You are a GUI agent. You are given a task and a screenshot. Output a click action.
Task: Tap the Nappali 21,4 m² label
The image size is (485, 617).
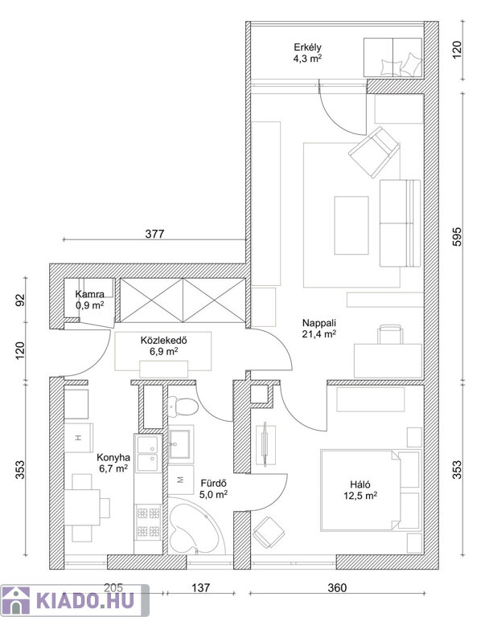pos(319,329)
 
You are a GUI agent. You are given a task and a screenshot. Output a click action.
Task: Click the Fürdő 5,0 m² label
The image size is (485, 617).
pos(213,488)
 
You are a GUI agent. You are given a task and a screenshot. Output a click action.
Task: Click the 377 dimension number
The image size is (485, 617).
pos(154,234)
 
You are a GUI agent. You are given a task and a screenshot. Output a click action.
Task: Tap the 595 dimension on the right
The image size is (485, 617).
pos(457,236)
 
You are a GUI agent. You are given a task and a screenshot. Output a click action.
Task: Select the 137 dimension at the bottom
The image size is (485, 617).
pos(201,588)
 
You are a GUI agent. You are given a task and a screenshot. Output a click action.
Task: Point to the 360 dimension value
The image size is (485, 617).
pos(337,588)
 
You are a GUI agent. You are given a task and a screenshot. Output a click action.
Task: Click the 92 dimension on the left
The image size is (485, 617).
pos(20,300)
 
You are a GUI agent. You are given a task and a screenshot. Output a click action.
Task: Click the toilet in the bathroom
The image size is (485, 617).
pos(183,407)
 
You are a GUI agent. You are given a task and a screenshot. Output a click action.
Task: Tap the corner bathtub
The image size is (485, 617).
pos(194,526)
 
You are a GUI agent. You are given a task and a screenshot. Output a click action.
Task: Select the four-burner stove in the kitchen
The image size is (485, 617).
pos(149,522)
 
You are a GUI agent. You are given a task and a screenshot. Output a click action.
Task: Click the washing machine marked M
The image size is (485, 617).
pos(181,480)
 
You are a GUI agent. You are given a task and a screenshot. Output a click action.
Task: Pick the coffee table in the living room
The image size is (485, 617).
pos(351,226)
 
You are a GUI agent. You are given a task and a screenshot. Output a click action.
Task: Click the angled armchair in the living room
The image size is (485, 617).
pos(374,152)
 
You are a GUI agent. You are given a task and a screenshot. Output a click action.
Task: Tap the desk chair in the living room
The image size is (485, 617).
pos(390,334)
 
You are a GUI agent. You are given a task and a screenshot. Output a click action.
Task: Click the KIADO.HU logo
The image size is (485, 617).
pos(75,600)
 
